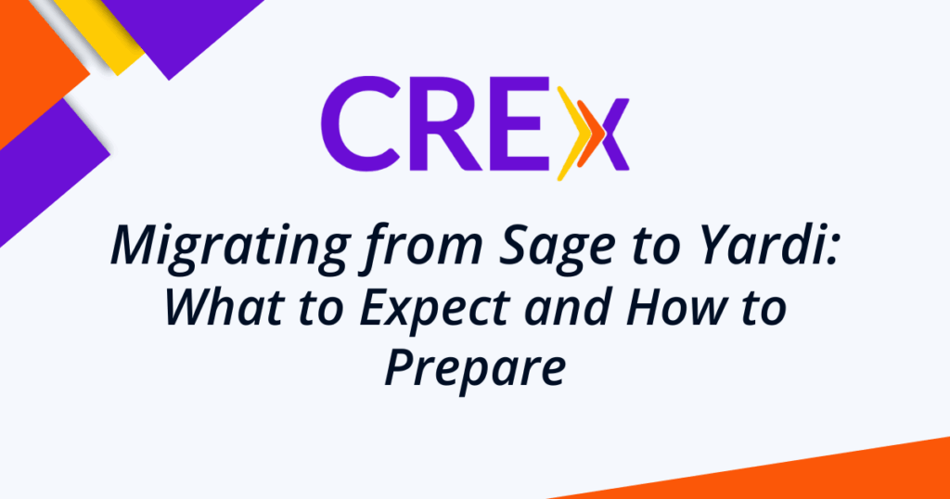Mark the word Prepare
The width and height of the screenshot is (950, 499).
[475, 369]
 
